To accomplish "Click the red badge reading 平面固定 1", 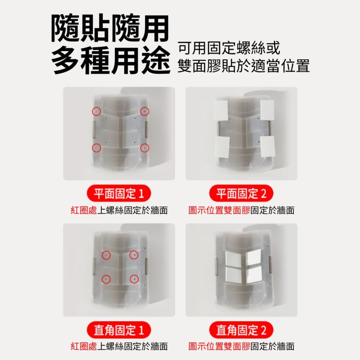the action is click(x=119, y=193).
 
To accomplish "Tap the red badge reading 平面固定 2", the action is click(x=241, y=193).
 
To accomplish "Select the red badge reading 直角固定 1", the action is click(x=119, y=330).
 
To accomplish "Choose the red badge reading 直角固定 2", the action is click(x=241, y=330).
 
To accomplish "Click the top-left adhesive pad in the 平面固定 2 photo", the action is click(x=221, y=111).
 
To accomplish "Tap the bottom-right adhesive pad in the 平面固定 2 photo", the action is click(x=268, y=146).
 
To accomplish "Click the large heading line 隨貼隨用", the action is click(x=110, y=28).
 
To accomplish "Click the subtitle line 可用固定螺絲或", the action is click(x=229, y=48).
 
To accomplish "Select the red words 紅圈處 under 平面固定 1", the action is click(x=84, y=210).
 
